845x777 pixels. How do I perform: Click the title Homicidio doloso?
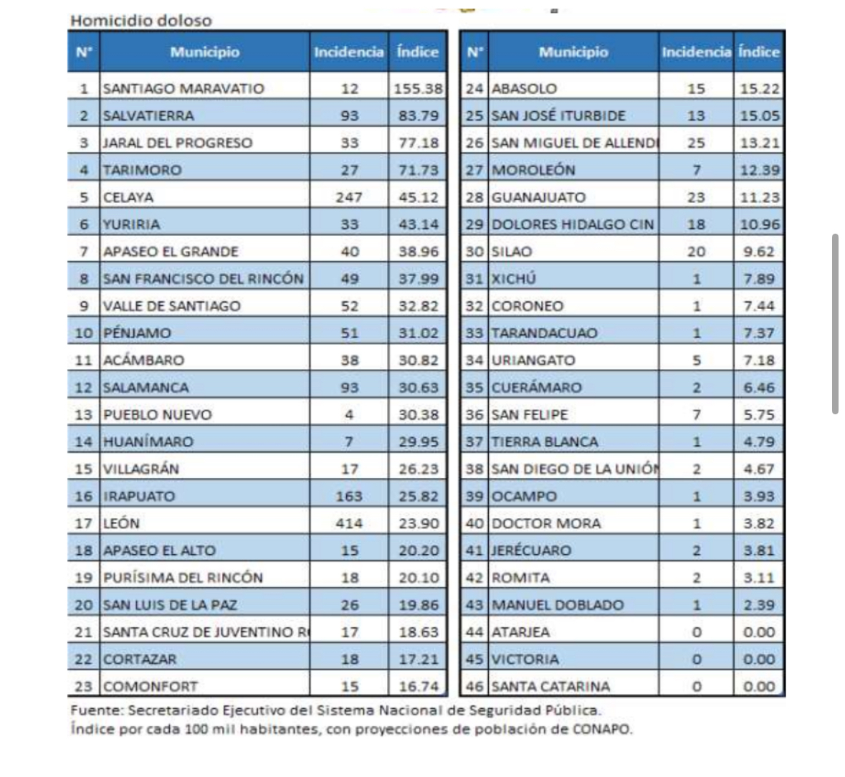(140, 21)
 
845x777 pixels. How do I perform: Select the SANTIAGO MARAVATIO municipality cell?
(183, 89)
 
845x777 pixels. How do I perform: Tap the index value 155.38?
(418, 89)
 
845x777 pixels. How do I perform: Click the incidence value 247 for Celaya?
(349, 197)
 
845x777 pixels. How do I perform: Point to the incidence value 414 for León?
(349, 523)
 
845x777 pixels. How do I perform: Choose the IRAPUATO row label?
(139, 496)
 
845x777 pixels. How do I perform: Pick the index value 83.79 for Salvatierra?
(418, 115)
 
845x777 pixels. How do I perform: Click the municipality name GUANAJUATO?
(538, 197)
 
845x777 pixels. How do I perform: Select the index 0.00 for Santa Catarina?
(759, 686)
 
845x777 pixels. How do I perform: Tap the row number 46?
(474, 686)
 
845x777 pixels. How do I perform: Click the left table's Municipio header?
(204, 52)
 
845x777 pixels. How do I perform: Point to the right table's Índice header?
(759, 52)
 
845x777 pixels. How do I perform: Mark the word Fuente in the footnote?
(91, 711)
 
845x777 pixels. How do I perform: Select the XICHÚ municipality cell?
(513, 279)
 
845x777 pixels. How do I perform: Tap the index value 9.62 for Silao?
(759, 252)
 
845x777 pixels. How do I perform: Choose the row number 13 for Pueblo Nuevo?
(84, 414)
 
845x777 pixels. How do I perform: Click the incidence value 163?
(349, 496)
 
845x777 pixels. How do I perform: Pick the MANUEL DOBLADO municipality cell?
(558, 605)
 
